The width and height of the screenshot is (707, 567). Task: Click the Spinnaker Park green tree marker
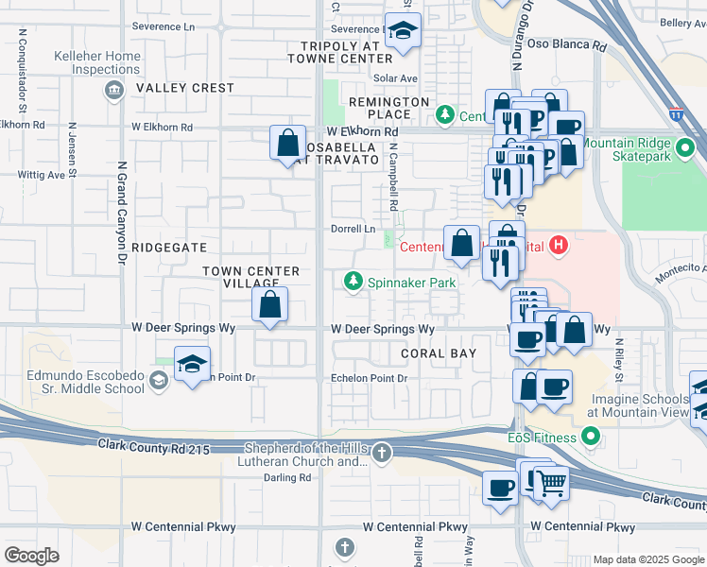pyautogui.click(x=353, y=282)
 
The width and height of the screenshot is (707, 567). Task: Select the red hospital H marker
pyautogui.click(x=560, y=247)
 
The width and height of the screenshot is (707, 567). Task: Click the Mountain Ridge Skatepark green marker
pyautogui.click(x=686, y=148)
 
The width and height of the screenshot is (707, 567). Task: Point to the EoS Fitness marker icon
pyautogui.click(x=592, y=436)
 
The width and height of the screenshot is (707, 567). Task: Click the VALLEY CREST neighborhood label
pyautogui.click(x=184, y=88)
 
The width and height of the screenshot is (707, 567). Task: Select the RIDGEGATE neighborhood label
pyautogui.click(x=169, y=247)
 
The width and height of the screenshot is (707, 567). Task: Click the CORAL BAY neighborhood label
pyautogui.click(x=437, y=352)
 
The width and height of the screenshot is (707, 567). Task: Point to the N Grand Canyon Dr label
pyautogui.click(x=121, y=212)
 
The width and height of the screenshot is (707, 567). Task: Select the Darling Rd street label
pyautogui.click(x=286, y=478)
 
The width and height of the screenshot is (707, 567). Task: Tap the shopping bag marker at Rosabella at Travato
pyautogui.click(x=287, y=143)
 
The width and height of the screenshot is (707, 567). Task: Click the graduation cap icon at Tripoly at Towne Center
pyautogui.click(x=403, y=31)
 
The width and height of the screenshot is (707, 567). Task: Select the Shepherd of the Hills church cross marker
pyautogui.click(x=381, y=453)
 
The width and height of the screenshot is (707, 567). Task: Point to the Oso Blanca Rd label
pyautogui.click(x=566, y=44)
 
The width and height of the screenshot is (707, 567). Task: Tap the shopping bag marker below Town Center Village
pyautogui.click(x=270, y=304)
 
